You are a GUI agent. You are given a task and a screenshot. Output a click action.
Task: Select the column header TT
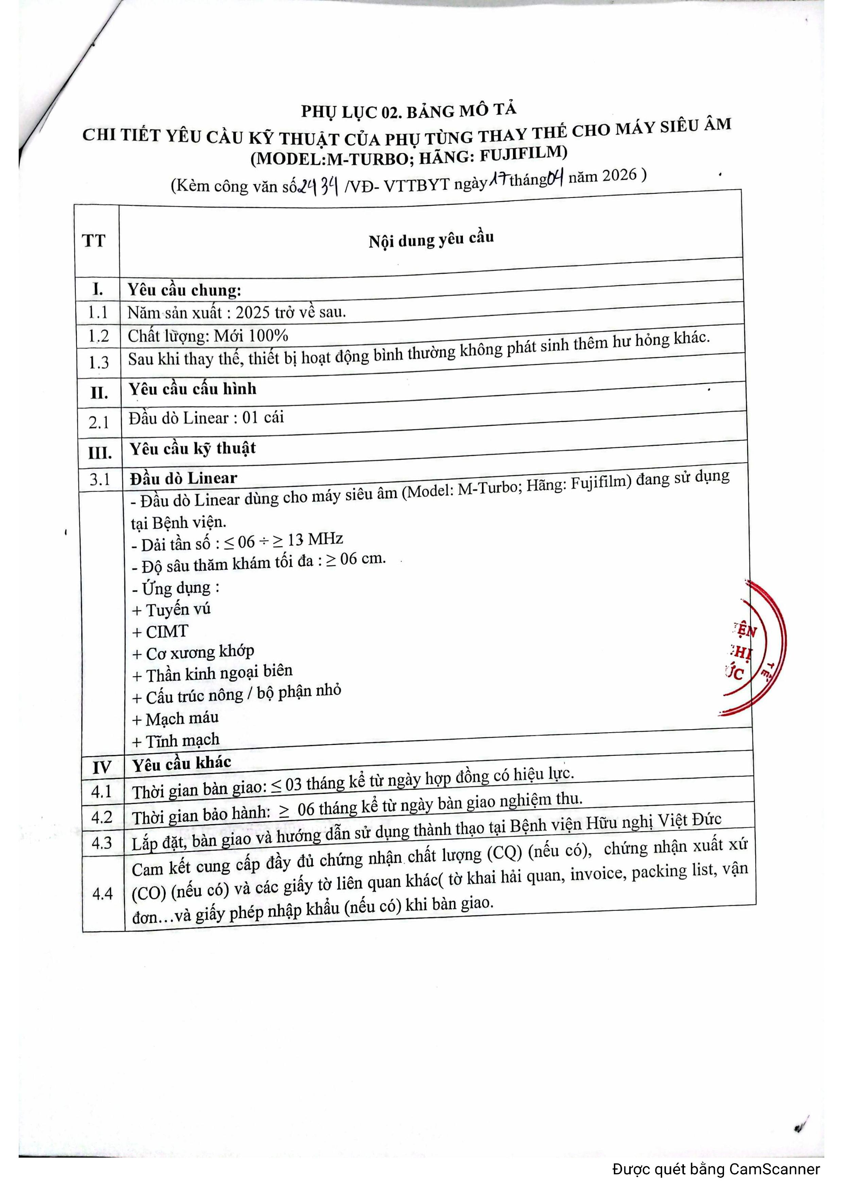coord(94,241)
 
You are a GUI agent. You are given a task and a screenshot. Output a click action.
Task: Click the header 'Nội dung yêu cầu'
coord(431,240)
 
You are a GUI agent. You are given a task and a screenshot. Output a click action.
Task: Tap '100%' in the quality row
coord(268,335)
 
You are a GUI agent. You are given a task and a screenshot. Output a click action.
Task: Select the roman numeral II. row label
coord(99,392)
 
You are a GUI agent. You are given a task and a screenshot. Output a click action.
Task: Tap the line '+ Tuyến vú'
coord(171,610)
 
